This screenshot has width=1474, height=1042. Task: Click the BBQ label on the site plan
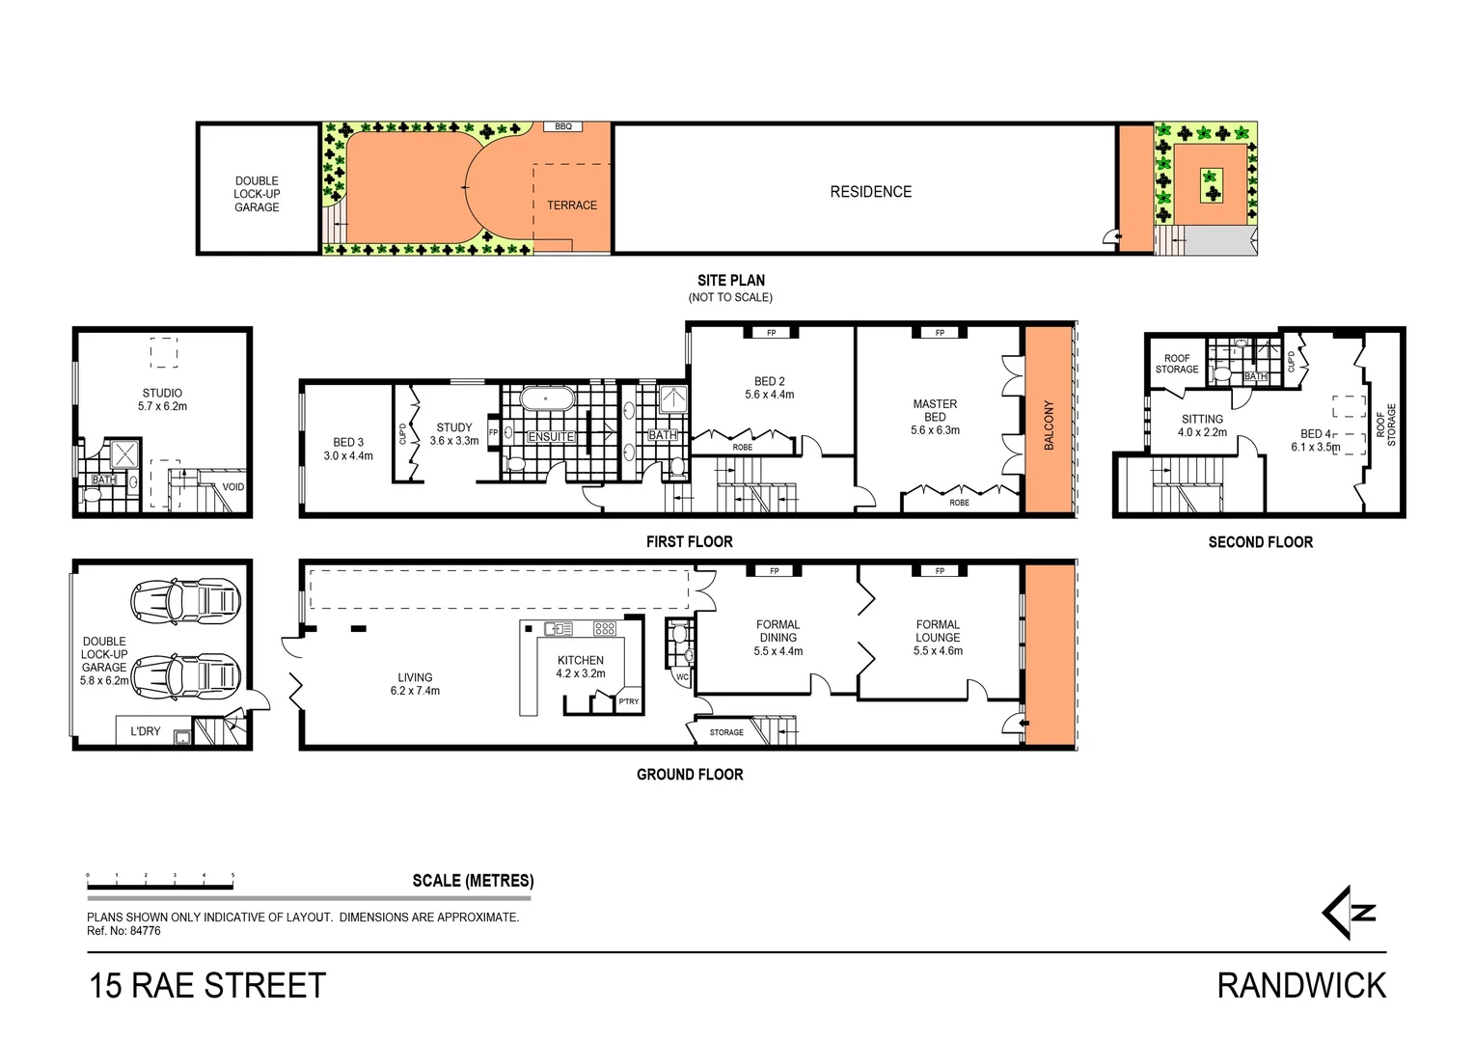coord(562,126)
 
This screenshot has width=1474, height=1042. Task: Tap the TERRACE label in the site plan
coord(572,206)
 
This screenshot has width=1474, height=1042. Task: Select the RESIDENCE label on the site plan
coord(870,192)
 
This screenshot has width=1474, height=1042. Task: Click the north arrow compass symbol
coord(1348,913)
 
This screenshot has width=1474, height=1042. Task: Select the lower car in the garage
coord(185,674)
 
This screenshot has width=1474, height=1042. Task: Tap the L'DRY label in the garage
coord(146,731)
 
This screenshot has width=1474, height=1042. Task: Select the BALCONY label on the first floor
coord(1049,425)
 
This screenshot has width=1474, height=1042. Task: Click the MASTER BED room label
coord(935,411)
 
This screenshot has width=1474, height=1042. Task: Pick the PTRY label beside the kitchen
coord(629,701)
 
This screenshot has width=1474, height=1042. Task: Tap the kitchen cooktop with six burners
coord(605,629)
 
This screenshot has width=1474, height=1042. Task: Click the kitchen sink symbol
coord(558,629)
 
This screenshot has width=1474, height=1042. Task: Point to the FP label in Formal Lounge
coord(940,571)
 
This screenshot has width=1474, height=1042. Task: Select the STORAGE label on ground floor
coord(726,732)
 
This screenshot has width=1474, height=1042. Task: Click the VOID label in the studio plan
coord(233,487)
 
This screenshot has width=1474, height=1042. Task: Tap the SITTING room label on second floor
coord(1202,420)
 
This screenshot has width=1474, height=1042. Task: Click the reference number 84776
coord(145,931)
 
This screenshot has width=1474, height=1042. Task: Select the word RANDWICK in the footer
coord(1301,986)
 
